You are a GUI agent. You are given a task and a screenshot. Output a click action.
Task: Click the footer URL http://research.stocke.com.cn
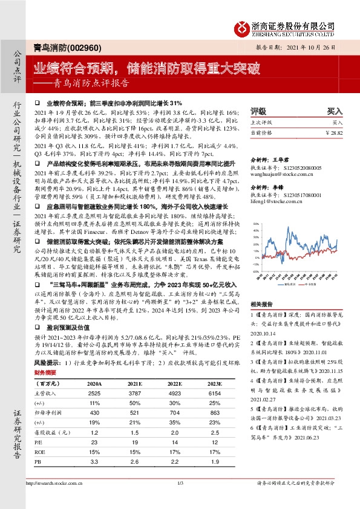pyautogui.click(x=55, y=500)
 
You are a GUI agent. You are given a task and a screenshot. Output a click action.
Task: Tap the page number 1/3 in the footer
pyautogui.click(x=180, y=500)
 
